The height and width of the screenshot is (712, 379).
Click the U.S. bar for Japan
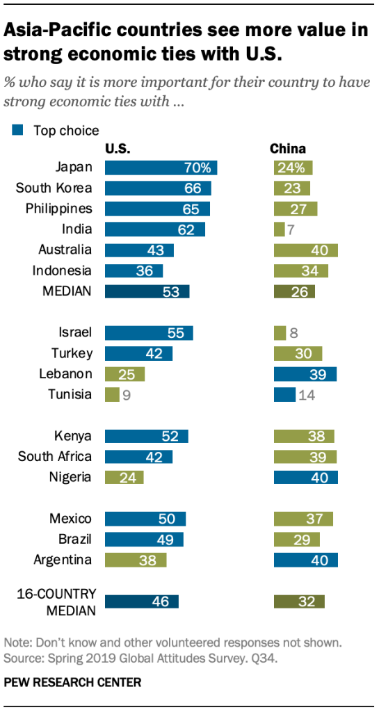(x=161, y=168)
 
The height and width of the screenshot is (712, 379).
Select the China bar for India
(x=279, y=229)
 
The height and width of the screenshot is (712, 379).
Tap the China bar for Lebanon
(x=305, y=374)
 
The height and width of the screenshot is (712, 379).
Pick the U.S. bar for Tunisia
(x=111, y=395)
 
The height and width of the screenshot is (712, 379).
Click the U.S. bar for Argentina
(x=136, y=560)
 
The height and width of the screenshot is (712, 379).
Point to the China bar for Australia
(x=306, y=250)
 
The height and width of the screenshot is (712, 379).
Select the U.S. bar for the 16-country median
(x=142, y=601)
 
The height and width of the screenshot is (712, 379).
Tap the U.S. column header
(x=118, y=149)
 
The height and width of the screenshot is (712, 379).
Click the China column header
(x=287, y=149)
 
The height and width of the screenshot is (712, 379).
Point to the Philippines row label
(x=59, y=209)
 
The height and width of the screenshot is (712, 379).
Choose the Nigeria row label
(x=70, y=477)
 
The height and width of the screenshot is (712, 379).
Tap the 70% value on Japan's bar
(x=197, y=168)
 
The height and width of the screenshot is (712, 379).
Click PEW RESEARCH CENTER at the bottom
(x=72, y=683)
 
